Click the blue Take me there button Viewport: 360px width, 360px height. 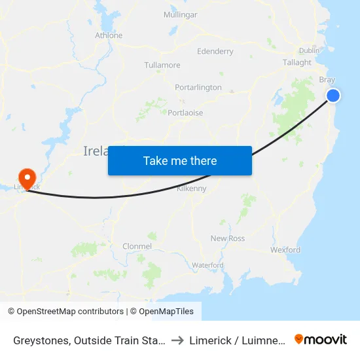pyautogui.click(x=180, y=160)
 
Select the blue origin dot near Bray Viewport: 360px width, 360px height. pyautogui.click(x=333, y=96)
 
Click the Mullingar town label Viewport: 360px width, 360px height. pyautogui.click(x=180, y=15)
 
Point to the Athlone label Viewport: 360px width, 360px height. pyautogui.click(x=109, y=35)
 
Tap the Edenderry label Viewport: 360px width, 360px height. pyautogui.click(x=215, y=51)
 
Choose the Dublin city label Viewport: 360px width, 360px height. pyautogui.click(x=309, y=50)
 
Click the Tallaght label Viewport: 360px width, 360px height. pyautogui.click(x=297, y=63)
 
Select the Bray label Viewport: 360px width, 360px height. pyautogui.click(x=327, y=80)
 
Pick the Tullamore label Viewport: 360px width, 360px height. pyautogui.click(x=162, y=65)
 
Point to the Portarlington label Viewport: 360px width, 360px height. pyautogui.click(x=198, y=87)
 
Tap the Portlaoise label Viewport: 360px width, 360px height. pyautogui.click(x=185, y=113)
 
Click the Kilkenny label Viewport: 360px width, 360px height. pyautogui.click(x=192, y=189)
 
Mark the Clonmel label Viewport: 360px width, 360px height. pyautogui.click(x=137, y=246)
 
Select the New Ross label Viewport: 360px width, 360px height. pyautogui.click(x=228, y=238)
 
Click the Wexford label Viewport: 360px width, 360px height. pyautogui.click(x=285, y=250)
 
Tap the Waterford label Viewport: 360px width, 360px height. pyautogui.click(x=207, y=265)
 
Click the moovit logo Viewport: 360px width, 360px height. pyautogui.click(x=321, y=339)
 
